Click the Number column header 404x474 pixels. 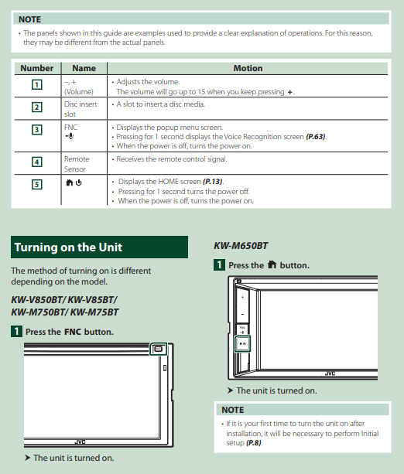click(36, 68)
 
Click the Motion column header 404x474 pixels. click(248, 68)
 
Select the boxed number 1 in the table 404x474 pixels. click(37, 84)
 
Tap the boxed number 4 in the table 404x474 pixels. click(37, 162)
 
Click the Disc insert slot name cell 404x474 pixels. click(80, 109)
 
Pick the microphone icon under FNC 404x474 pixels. click(70, 136)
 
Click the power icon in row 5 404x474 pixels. click(79, 182)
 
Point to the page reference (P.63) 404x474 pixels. click(316, 137)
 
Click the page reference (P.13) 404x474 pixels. click(213, 182)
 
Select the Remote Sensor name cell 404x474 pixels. click(77, 164)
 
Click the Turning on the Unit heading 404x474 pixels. click(68, 247)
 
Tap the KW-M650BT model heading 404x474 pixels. click(241, 245)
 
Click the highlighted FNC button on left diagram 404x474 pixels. click(158, 349)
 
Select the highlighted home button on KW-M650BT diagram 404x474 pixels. click(243, 344)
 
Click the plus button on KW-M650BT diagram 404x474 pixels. click(242, 298)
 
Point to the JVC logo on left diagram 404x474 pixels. click(80, 442)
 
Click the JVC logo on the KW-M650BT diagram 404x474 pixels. click(330, 373)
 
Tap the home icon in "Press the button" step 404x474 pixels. click(272, 264)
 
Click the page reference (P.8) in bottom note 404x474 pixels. click(254, 443)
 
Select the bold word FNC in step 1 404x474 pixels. click(73, 332)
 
